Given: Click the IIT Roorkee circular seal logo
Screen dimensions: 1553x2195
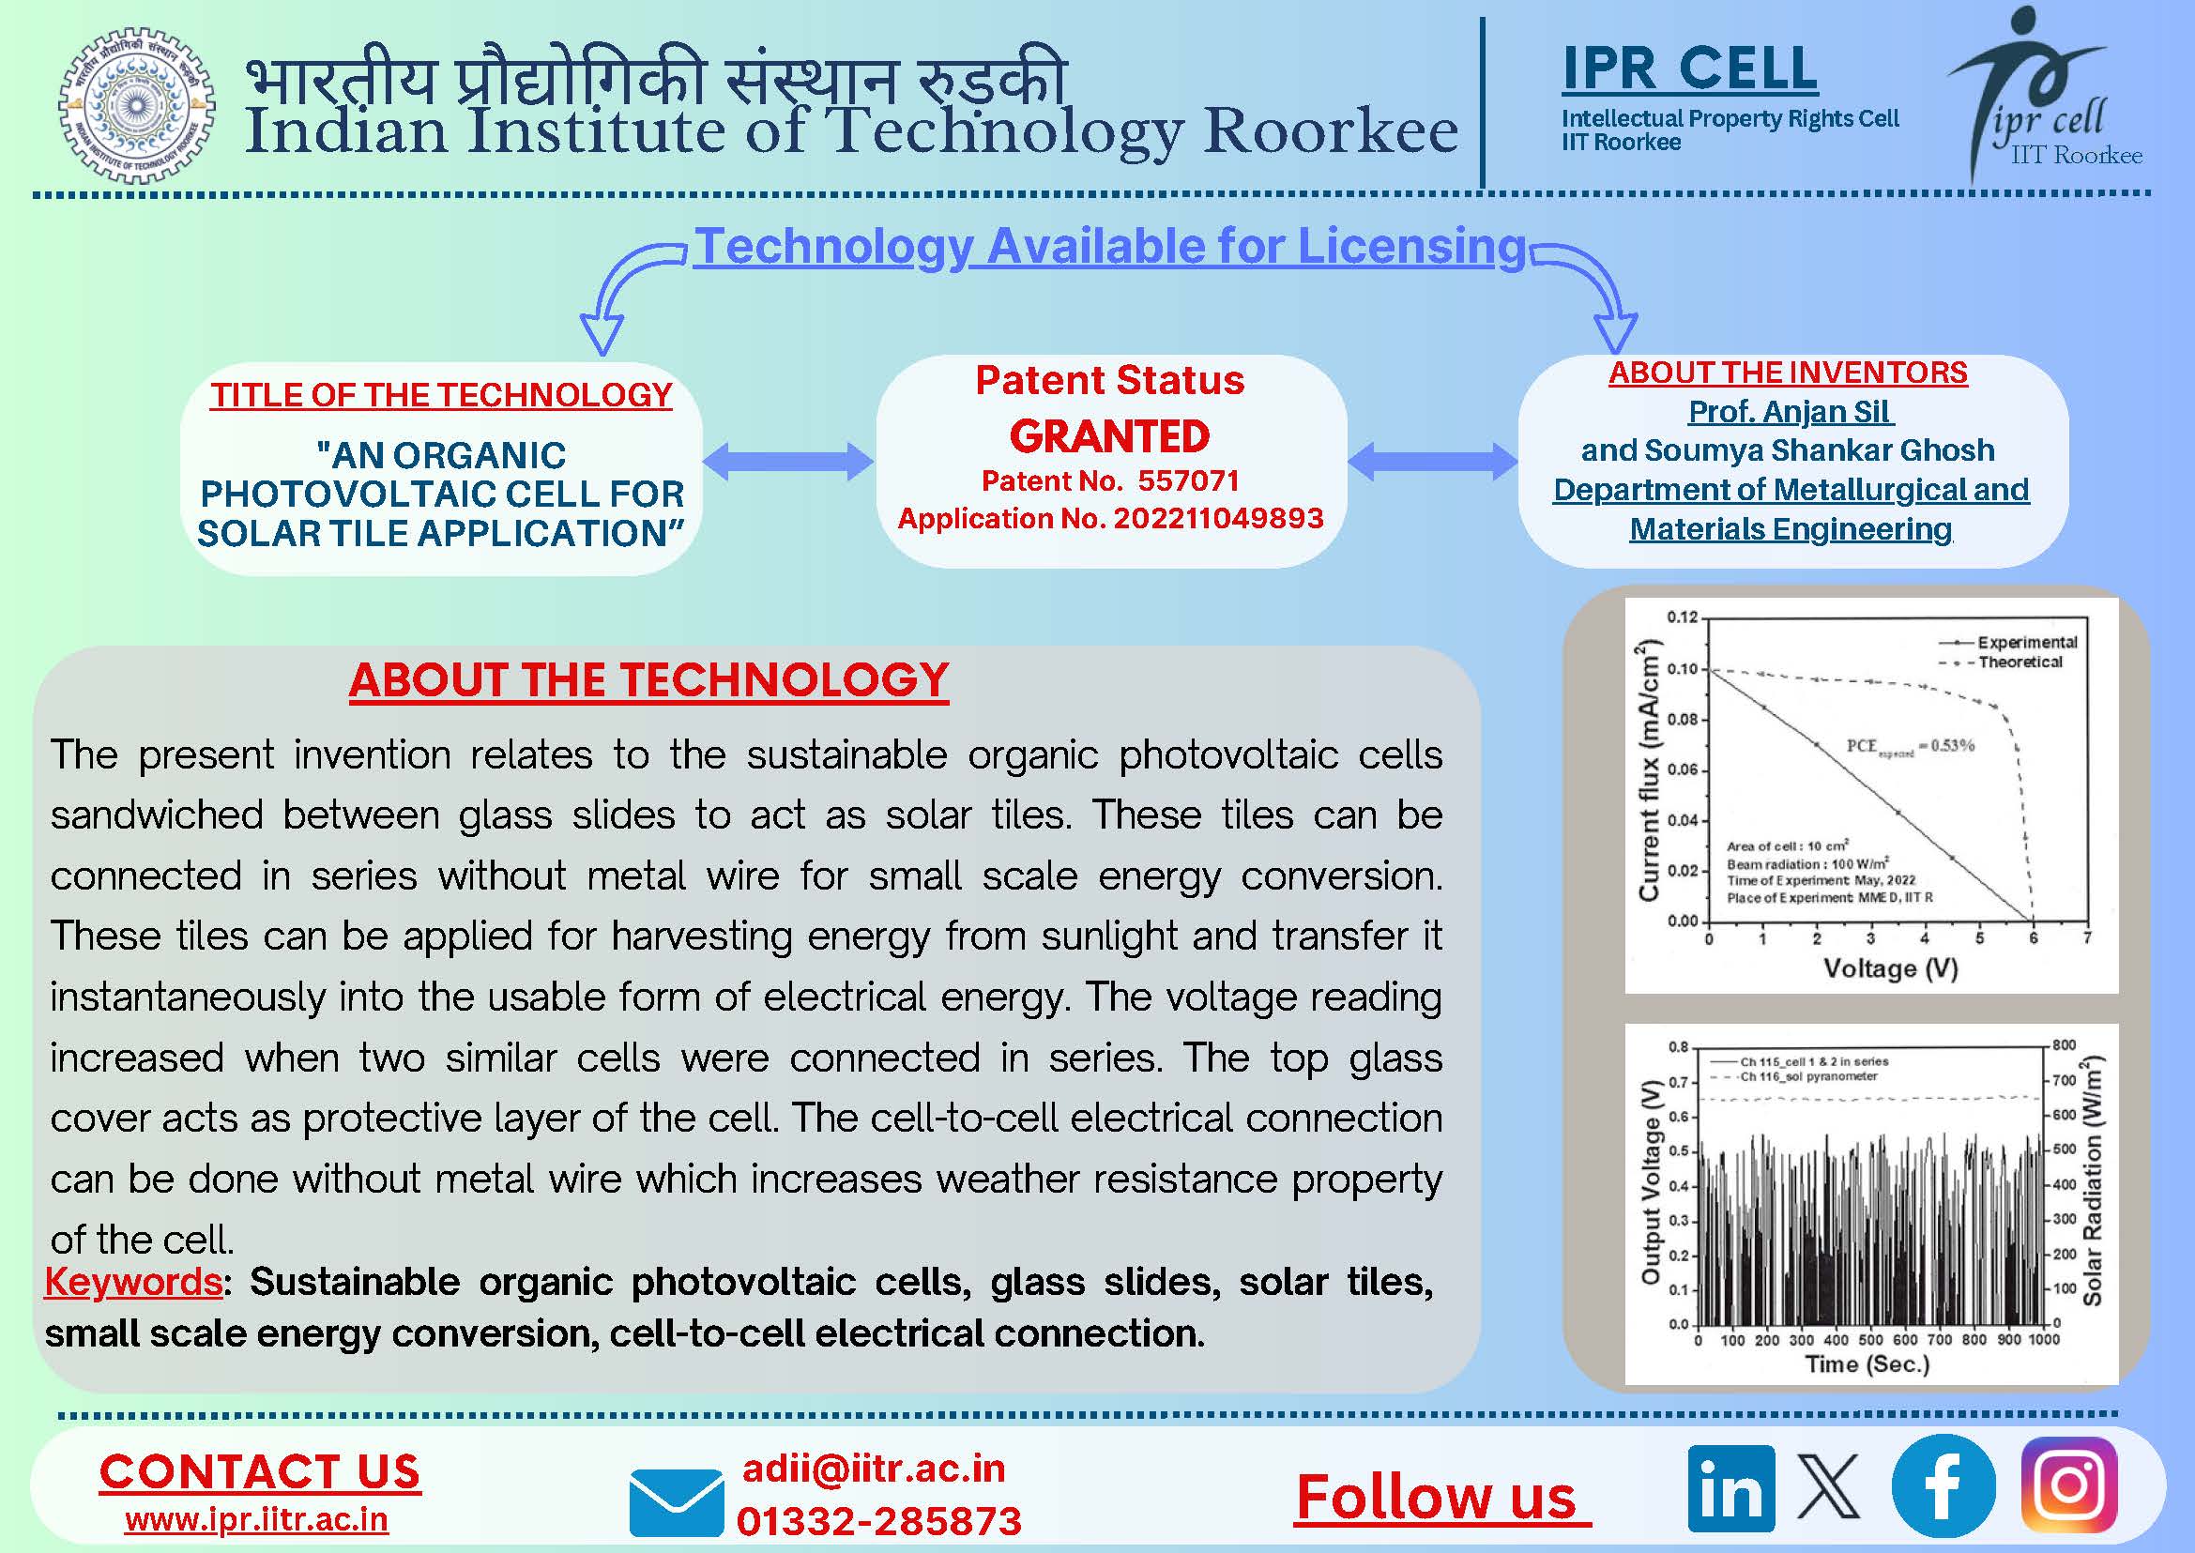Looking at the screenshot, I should pyautogui.click(x=137, y=104).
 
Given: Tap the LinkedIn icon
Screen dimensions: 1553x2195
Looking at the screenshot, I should pyautogui.click(x=1730, y=1489).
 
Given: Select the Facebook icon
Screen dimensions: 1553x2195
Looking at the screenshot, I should pyautogui.click(x=1943, y=1486).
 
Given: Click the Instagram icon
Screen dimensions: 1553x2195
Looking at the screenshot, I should pyautogui.click(x=2068, y=1485).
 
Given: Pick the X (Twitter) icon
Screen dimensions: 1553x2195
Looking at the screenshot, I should pyautogui.click(x=1829, y=1487).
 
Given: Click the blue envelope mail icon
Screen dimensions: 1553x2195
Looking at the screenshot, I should pyautogui.click(x=677, y=1501).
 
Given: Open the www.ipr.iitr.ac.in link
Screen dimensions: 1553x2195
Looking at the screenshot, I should pyautogui.click(x=256, y=1519).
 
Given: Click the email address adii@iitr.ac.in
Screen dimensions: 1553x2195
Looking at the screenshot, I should pyautogui.click(x=874, y=1468).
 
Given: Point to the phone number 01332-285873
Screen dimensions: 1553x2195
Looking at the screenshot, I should pyautogui.click(x=879, y=1520).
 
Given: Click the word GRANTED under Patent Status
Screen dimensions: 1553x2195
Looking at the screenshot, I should pyautogui.click(x=1109, y=436).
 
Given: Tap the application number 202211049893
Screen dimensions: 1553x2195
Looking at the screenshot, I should pyautogui.click(x=1218, y=518).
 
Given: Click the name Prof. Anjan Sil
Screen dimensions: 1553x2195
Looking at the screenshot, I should pyautogui.click(x=1789, y=411).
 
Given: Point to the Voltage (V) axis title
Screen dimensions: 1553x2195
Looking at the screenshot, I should pyautogui.click(x=1890, y=968).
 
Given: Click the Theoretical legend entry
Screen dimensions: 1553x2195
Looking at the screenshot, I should pyautogui.click(x=2019, y=662).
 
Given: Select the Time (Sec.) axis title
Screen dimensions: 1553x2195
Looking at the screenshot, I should pyautogui.click(x=1867, y=1363).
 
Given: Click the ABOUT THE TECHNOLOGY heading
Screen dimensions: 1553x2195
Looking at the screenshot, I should pyautogui.click(x=648, y=680).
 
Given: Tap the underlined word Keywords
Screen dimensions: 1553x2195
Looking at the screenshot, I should pyautogui.click(x=134, y=1282).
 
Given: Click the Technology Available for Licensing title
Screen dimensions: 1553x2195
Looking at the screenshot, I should pyautogui.click(x=1109, y=246).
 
